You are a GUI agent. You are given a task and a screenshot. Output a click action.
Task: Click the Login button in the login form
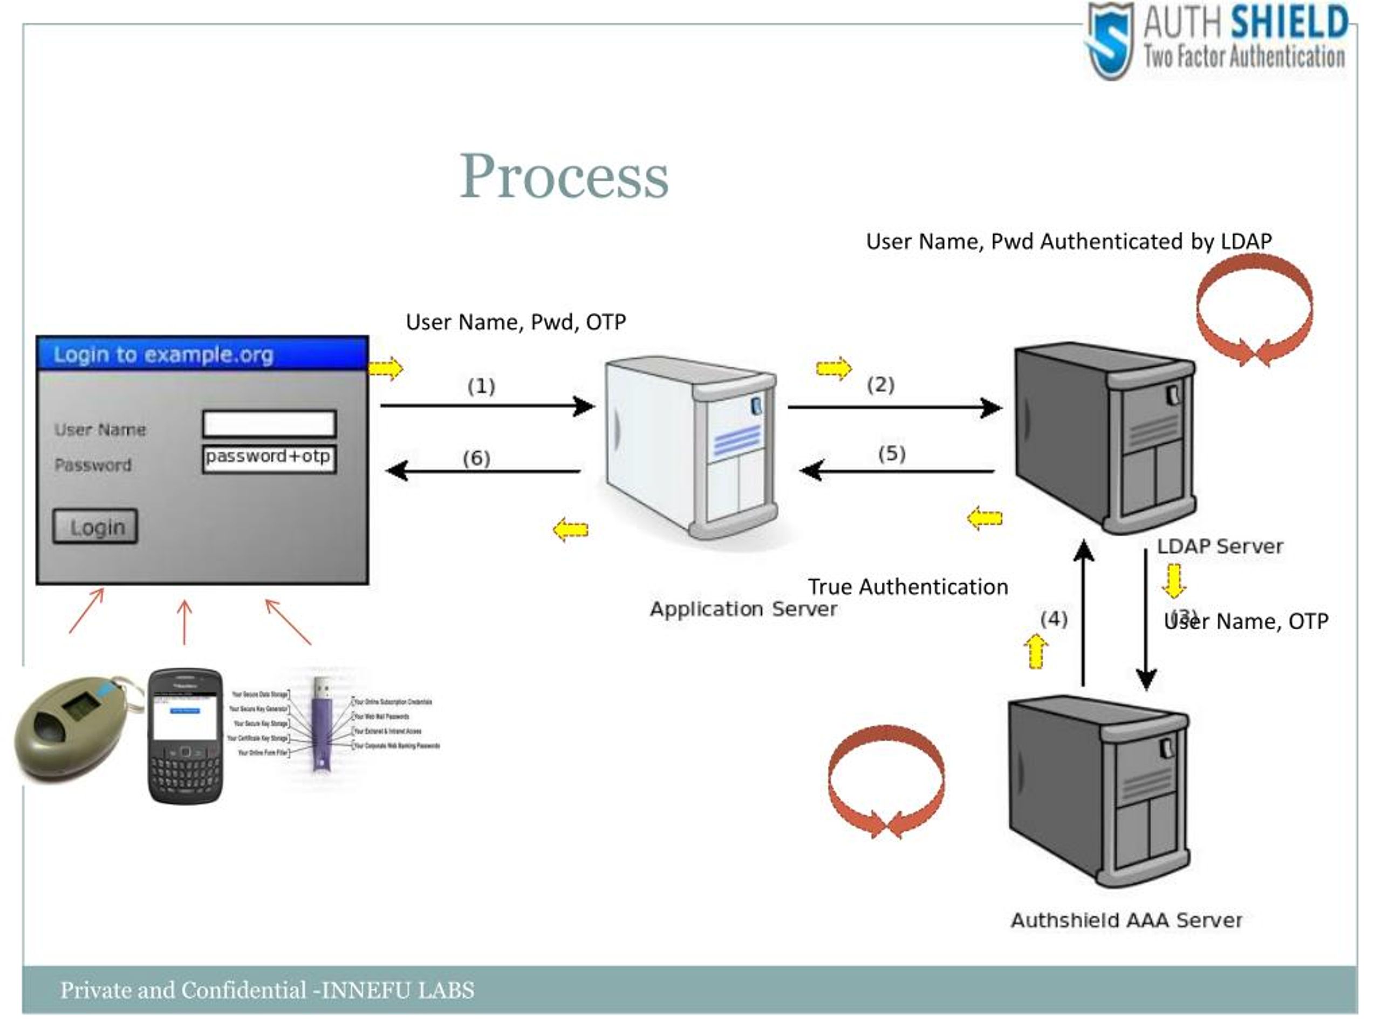pyautogui.click(x=95, y=527)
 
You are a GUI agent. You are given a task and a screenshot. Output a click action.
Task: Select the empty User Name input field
pyautogui.click(x=269, y=424)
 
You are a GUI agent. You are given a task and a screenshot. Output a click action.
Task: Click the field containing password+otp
pyautogui.click(x=269, y=458)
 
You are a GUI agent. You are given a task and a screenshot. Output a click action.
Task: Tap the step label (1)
pyautogui.click(x=481, y=386)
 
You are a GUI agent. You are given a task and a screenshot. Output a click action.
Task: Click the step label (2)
pyautogui.click(x=880, y=385)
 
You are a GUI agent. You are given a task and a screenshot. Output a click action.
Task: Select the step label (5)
pyautogui.click(x=891, y=453)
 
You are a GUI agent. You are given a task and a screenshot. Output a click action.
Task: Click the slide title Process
pyautogui.click(x=564, y=177)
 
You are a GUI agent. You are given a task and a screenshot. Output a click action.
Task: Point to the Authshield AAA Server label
pyautogui.click(x=1126, y=920)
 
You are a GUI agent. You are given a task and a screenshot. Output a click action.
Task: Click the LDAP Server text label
pyautogui.click(x=1219, y=547)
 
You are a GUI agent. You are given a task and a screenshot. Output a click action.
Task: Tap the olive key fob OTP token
pyautogui.click(x=72, y=727)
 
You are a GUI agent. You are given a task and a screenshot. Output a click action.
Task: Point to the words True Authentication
pyautogui.click(x=907, y=587)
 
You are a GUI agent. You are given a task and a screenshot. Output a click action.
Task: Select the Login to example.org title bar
pyautogui.click(x=202, y=354)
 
